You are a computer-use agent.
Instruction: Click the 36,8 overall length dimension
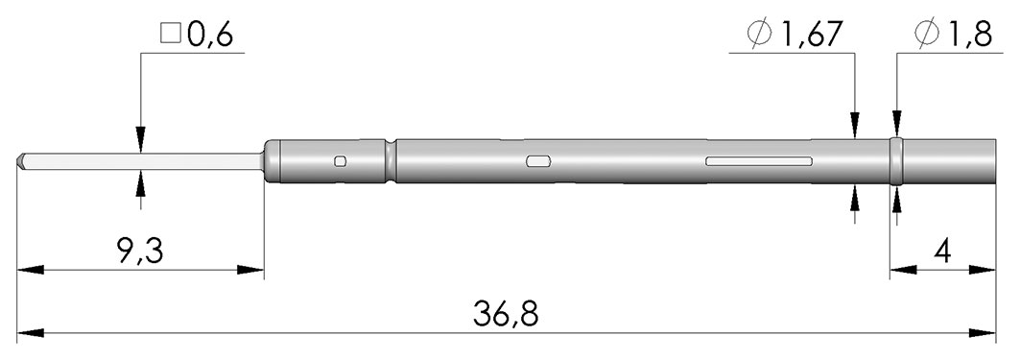tap(506, 314)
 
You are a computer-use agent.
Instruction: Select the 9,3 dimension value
tap(140, 251)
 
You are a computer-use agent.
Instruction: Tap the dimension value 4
tap(942, 251)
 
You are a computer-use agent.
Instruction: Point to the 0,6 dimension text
tap(209, 36)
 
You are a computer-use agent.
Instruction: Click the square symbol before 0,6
tap(171, 35)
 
